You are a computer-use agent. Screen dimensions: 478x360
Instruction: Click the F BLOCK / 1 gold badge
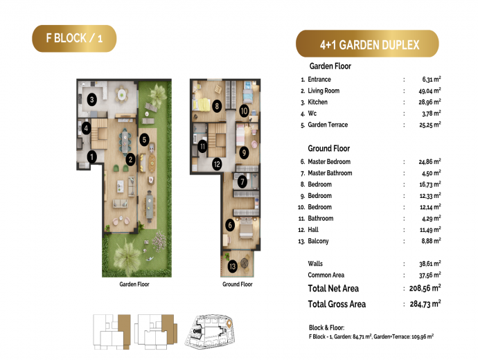(x=74, y=38)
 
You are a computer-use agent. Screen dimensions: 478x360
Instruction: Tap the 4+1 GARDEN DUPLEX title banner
(x=367, y=44)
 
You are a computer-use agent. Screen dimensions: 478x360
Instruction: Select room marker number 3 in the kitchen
(x=91, y=99)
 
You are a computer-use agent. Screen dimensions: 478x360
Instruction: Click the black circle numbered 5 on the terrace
(x=144, y=140)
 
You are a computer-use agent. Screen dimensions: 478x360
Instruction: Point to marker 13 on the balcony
(x=232, y=267)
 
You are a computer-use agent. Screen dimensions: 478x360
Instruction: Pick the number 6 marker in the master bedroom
(x=230, y=225)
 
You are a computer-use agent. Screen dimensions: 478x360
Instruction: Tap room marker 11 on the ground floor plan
(x=202, y=147)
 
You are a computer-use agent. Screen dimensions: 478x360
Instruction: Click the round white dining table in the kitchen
(x=122, y=93)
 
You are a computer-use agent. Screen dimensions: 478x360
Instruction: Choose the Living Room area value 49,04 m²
(x=430, y=91)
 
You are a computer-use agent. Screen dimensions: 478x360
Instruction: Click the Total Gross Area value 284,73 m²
(x=425, y=304)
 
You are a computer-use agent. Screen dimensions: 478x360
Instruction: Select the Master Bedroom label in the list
(x=329, y=162)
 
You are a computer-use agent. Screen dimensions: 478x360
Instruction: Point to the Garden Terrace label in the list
(x=328, y=125)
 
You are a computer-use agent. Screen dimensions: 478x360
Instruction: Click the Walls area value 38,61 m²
(x=430, y=264)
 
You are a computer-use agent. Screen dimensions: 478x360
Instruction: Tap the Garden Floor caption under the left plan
(x=134, y=284)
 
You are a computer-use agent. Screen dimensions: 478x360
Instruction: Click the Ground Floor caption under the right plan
(x=238, y=284)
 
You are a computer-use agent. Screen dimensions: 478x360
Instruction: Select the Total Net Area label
(x=333, y=288)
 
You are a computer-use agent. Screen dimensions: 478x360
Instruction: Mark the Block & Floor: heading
(x=326, y=327)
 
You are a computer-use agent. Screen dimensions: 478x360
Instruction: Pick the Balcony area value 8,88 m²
(x=431, y=241)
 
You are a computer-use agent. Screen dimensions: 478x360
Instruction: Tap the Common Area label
(x=326, y=275)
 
